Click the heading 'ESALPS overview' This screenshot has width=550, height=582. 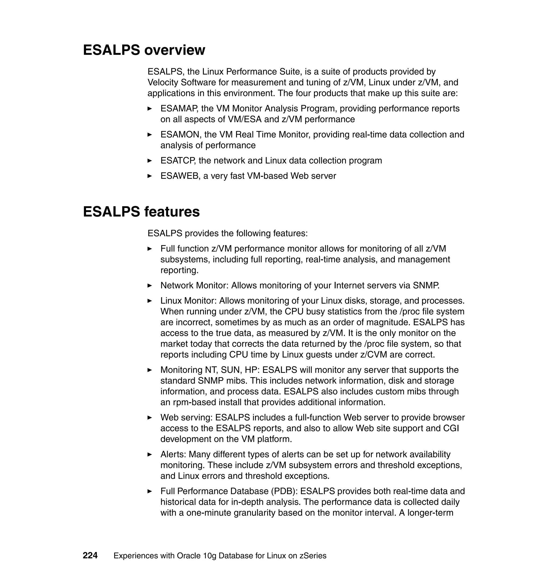[x=144, y=50]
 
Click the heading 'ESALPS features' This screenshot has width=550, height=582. [x=141, y=212]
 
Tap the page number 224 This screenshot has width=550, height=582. [x=90, y=555]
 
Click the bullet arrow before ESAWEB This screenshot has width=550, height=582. [x=150, y=176]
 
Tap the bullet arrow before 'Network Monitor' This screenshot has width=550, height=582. [x=150, y=285]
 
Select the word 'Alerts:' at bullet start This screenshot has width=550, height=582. [x=173, y=454]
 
